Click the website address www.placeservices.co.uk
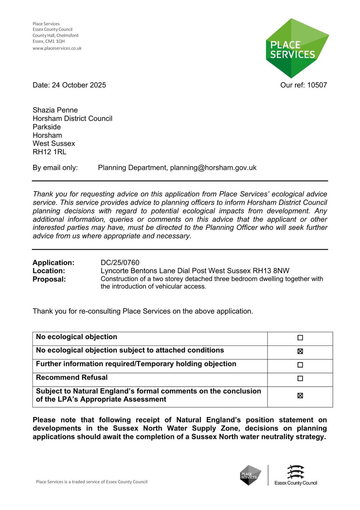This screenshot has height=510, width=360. tap(57, 48)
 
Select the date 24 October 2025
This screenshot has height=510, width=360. tap(79, 85)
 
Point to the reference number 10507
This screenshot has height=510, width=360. tap(317, 85)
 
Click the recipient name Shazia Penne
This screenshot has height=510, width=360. tap(55, 110)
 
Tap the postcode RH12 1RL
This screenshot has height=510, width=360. tap(49, 152)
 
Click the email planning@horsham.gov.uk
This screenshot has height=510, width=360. tap(213, 168)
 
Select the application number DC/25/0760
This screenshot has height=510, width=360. tap(120, 263)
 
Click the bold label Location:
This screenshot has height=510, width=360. tap(49, 271)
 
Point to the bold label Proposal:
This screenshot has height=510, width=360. tap(49, 279)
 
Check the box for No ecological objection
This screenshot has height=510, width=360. tap(300, 338)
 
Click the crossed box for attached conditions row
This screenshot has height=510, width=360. tap(300, 351)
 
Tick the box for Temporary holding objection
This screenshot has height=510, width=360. tap(300, 365)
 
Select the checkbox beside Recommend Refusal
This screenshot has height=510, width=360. tap(300, 379)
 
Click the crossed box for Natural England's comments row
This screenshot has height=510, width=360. tap(300, 396)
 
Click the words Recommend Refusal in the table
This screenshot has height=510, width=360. tap(72, 378)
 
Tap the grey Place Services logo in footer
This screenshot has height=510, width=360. tap(250, 475)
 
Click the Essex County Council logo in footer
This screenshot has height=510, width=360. tap(296, 475)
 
